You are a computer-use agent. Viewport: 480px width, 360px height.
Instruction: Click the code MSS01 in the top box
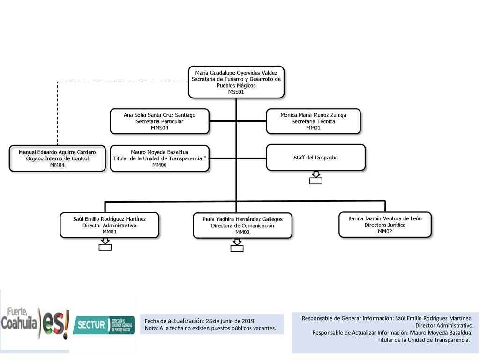[236, 92]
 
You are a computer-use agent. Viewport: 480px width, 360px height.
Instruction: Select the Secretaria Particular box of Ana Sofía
[160, 121]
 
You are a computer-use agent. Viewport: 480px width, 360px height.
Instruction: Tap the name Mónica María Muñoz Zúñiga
[313, 115]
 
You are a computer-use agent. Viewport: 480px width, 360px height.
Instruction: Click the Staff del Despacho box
[315, 157]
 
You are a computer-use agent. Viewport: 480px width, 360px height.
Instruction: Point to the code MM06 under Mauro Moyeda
[159, 165]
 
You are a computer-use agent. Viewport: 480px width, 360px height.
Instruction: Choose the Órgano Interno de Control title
[57, 158]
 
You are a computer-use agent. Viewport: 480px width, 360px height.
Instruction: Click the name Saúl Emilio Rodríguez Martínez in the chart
[109, 219]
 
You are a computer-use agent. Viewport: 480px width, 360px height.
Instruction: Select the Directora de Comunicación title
[242, 225]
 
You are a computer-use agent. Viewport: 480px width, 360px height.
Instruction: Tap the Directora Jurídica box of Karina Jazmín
[385, 225]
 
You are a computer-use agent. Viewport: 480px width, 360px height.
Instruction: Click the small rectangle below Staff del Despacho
[315, 180]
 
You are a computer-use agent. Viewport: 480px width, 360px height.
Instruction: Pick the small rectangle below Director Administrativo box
[105, 247]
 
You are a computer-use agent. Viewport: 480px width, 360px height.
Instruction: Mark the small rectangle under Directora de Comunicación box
[237, 248]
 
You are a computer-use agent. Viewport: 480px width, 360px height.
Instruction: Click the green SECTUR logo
[104, 325]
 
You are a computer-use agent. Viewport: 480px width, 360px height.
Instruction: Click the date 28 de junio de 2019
[230, 321]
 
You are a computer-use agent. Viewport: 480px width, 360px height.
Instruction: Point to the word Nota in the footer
[150, 328]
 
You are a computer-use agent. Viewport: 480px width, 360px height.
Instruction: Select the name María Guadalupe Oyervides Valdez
[236, 73]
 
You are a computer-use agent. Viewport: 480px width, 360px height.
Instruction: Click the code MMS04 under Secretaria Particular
[159, 127]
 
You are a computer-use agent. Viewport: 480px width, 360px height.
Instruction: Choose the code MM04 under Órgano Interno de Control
[57, 165]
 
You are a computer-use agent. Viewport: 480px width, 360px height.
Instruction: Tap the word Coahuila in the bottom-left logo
[19, 323]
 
